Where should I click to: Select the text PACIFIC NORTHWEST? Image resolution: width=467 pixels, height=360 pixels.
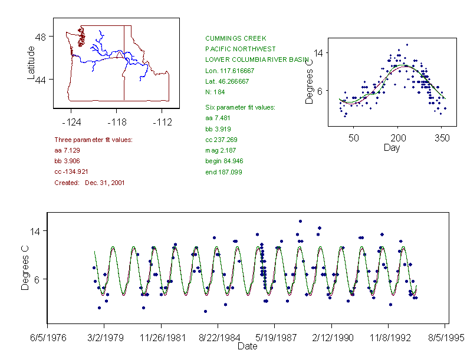(x=236, y=49)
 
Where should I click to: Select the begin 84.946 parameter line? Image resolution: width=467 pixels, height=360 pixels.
(x=224, y=161)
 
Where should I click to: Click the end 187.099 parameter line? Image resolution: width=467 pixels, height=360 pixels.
(x=223, y=172)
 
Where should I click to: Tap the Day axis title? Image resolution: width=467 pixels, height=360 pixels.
(x=392, y=147)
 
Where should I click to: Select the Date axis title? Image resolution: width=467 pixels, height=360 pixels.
(x=247, y=346)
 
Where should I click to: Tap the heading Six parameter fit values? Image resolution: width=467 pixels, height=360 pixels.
(x=236, y=107)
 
